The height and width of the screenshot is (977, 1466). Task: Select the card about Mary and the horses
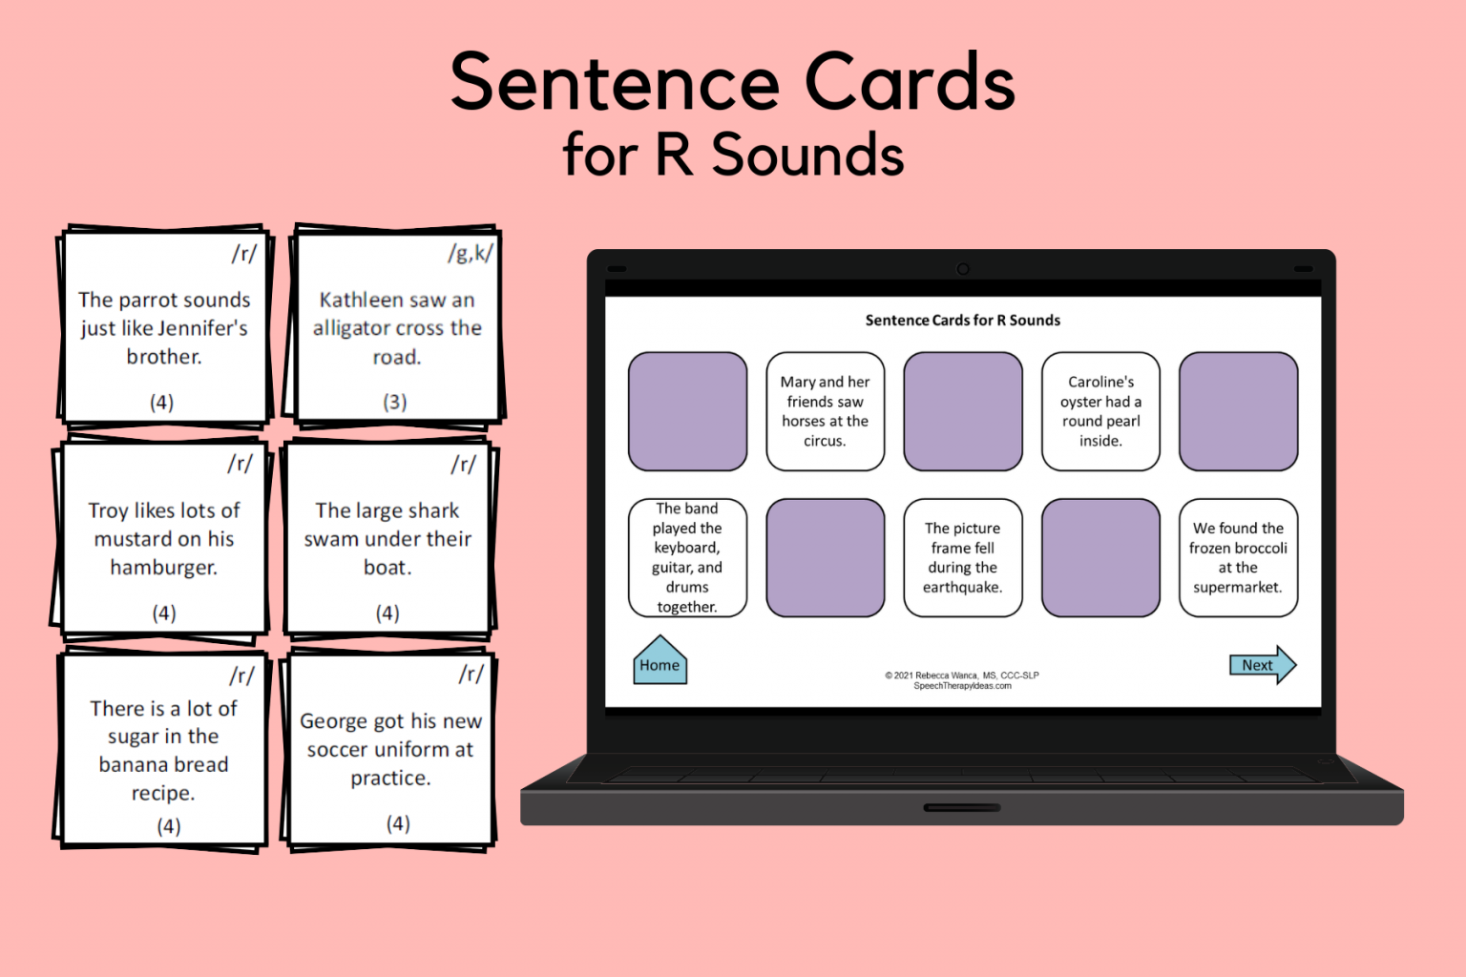pos(825,411)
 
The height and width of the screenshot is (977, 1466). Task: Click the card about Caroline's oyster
pos(1100,411)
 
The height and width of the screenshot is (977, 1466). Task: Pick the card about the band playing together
pos(687,557)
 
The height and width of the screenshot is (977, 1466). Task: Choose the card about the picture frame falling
pos(962,557)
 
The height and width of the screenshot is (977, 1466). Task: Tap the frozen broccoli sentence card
pos(1238,557)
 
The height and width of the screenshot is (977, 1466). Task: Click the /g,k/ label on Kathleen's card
pos(471,254)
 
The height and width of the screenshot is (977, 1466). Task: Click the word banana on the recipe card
pos(130,765)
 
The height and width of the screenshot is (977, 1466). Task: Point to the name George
pos(333,721)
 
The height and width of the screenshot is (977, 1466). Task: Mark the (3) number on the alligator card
pos(395,402)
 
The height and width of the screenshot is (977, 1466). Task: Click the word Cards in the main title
pos(910,82)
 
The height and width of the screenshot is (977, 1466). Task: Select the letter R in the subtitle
pos(674,155)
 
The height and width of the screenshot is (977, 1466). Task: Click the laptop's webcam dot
pos(963,269)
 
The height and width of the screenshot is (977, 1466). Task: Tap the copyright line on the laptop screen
pos(962,676)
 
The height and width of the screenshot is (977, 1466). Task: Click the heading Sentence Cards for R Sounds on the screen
pos(962,321)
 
